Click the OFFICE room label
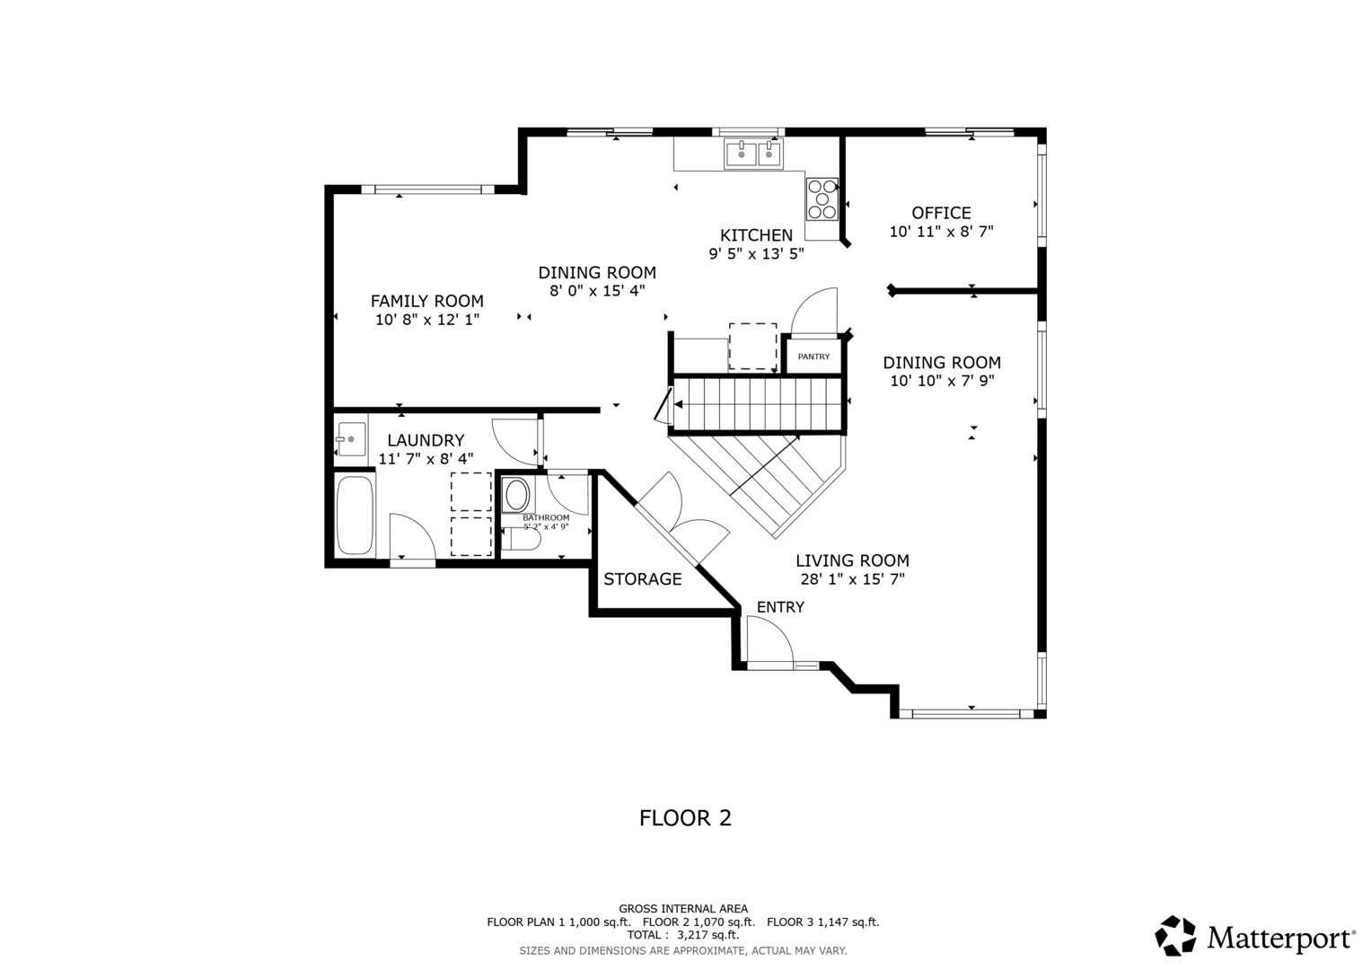click(941, 213)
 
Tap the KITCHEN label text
click(756, 235)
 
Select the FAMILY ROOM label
click(426, 301)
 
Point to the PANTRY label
click(813, 357)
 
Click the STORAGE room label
click(642, 579)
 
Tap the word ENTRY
click(780, 607)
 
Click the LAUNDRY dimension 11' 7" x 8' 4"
click(426, 459)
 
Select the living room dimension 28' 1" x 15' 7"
click(853, 579)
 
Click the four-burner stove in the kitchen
click(822, 199)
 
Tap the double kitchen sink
click(752, 153)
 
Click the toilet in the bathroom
click(522, 540)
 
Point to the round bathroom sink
click(517, 496)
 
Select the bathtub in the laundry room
click(355, 515)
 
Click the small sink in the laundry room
click(351, 439)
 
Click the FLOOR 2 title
click(685, 818)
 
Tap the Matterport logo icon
click(1175, 936)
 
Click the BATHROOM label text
click(546, 518)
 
